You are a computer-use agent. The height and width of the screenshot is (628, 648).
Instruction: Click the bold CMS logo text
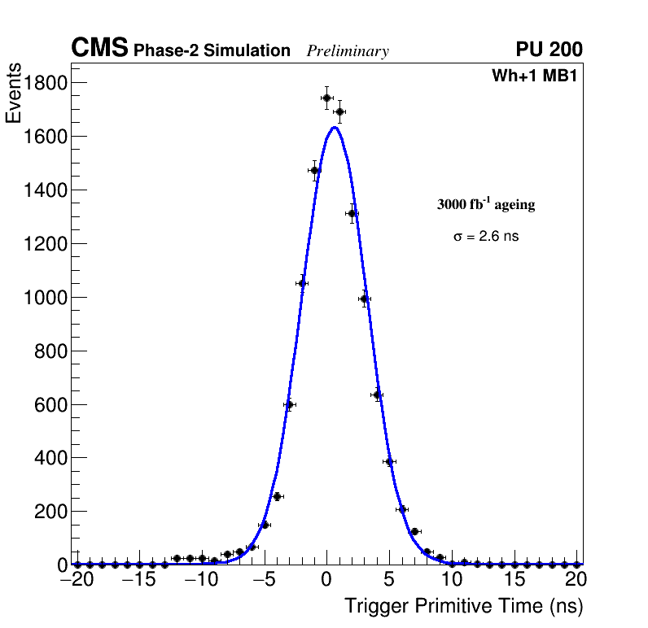tap(99, 49)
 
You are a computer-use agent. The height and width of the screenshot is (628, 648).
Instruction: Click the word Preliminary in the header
tap(348, 51)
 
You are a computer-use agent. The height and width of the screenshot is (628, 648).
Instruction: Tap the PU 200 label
tap(549, 50)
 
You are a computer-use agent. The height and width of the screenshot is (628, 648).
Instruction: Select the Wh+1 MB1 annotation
tap(534, 76)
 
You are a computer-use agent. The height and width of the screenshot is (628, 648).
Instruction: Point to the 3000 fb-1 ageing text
tap(486, 204)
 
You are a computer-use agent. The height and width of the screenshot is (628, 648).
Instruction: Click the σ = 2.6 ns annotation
tap(486, 237)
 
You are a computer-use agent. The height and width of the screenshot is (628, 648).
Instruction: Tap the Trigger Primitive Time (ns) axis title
tap(463, 606)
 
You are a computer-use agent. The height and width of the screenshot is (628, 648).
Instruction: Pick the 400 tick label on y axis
tap(48, 459)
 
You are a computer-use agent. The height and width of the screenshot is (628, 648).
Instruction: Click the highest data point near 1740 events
tap(326, 98)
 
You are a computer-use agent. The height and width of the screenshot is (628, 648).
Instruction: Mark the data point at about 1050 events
tap(302, 283)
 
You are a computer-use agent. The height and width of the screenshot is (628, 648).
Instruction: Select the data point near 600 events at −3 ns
tap(289, 404)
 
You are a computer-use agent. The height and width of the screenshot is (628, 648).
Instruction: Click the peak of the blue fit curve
tap(334, 127)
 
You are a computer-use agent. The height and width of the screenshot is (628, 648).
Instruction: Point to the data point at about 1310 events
tap(352, 214)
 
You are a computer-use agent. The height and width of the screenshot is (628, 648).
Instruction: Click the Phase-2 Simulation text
tap(212, 51)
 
